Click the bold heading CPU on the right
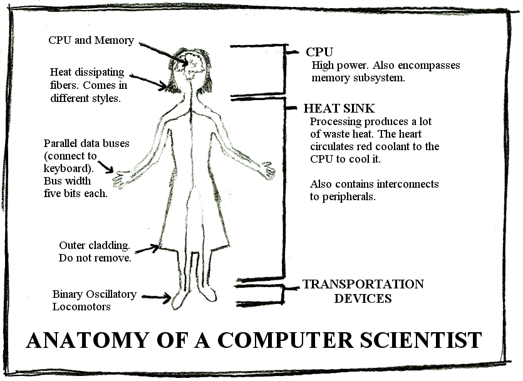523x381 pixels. [319, 52]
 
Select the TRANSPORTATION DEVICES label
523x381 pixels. [363, 291]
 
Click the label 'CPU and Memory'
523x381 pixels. [91, 40]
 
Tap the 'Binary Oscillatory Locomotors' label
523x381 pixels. [94, 300]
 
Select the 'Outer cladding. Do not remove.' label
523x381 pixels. [95, 251]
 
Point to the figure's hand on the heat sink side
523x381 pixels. [267, 170]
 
